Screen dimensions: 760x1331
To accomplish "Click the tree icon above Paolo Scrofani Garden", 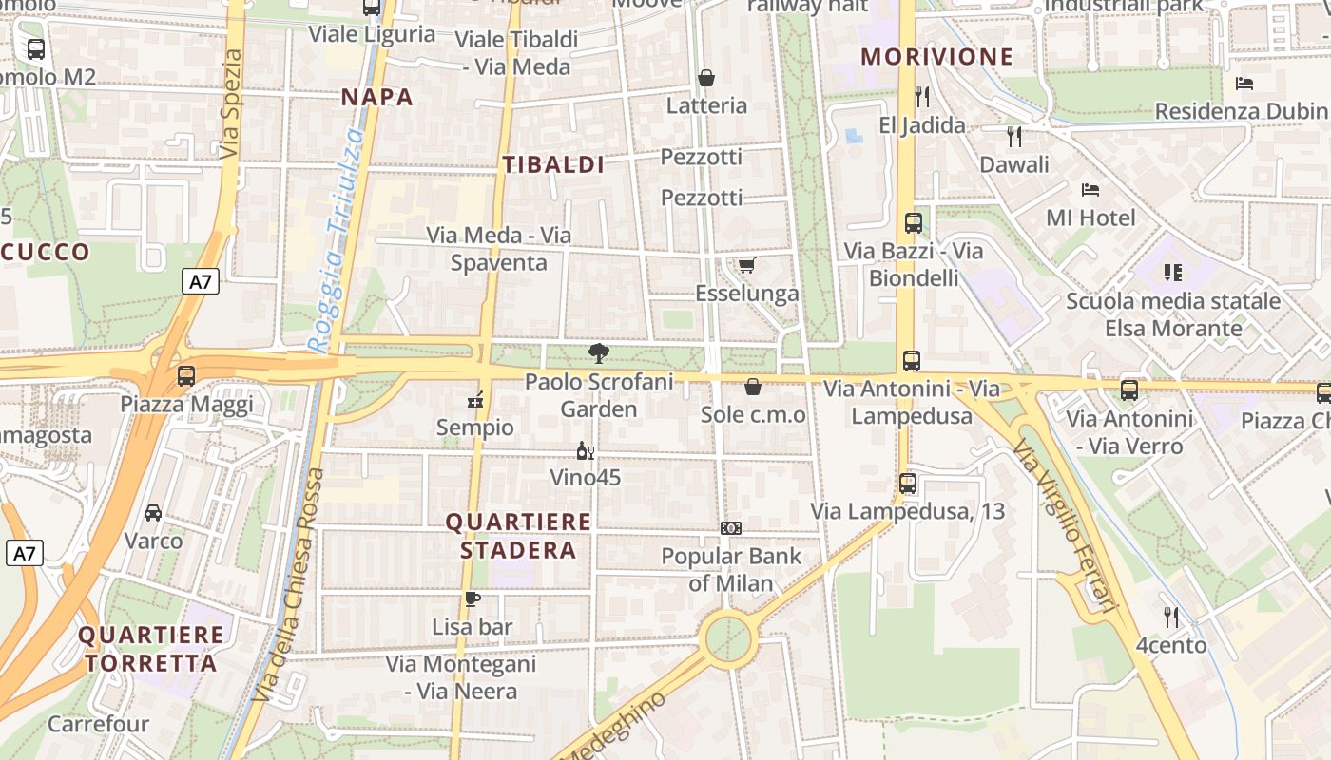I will point(599,354).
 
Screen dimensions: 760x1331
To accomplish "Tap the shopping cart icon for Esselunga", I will point(747,265).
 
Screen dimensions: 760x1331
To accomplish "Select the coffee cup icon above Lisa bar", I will point(472,598).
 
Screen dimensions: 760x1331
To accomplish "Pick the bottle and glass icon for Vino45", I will point(585,450).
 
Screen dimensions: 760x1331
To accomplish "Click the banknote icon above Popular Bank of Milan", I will point(730,528).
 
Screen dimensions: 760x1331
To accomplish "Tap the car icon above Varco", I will point(152,513).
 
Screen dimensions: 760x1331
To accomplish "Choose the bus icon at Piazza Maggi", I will point(186,375).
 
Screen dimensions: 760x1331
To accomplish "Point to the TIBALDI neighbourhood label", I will point(553,164).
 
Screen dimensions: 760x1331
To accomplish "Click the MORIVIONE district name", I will point(936,56).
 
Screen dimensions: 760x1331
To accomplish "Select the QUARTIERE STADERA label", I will point(518,536).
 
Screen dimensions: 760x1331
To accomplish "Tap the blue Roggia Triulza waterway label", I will point(337,242).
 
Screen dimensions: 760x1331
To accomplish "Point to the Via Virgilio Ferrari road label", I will point(1064,522).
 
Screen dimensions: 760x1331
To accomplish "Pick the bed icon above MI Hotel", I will point(1090,190).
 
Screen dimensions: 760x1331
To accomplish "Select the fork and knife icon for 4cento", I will point(1171,617).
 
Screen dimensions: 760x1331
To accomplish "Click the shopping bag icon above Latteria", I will point(706,78).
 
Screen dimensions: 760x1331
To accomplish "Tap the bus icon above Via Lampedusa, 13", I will point(908,483).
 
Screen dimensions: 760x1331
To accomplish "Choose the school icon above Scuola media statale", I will point(1172,274).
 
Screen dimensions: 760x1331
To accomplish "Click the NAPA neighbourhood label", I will point(377,97).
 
